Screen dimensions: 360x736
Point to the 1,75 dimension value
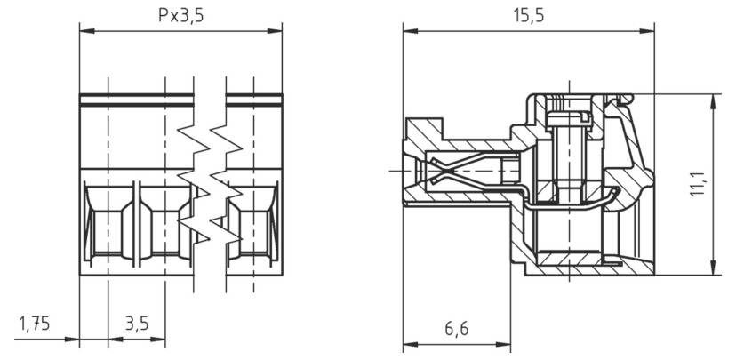pos(33,324)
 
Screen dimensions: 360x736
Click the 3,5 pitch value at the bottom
pos(136,324)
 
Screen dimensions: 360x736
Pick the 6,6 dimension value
pos(456,328)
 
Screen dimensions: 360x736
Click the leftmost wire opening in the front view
pos(108,222)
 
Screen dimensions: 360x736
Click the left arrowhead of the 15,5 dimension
pos(408,32)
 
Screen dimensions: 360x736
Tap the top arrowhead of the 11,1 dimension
pos(714,98)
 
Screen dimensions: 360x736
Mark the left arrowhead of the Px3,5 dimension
pos(84,32)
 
